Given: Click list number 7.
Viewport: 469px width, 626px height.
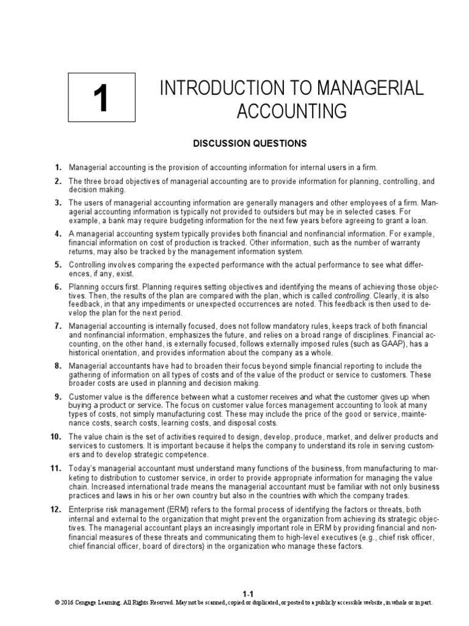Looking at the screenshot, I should pyautogui.click(x=58, y=326).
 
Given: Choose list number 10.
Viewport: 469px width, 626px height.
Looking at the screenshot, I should pyautogui.click(x=56, y=436).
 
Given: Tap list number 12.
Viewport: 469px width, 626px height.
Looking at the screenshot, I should pyautogui.click(x=56, y=509).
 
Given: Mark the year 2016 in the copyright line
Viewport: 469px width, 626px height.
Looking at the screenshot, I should pyautogui.click(x=67, y=602).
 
